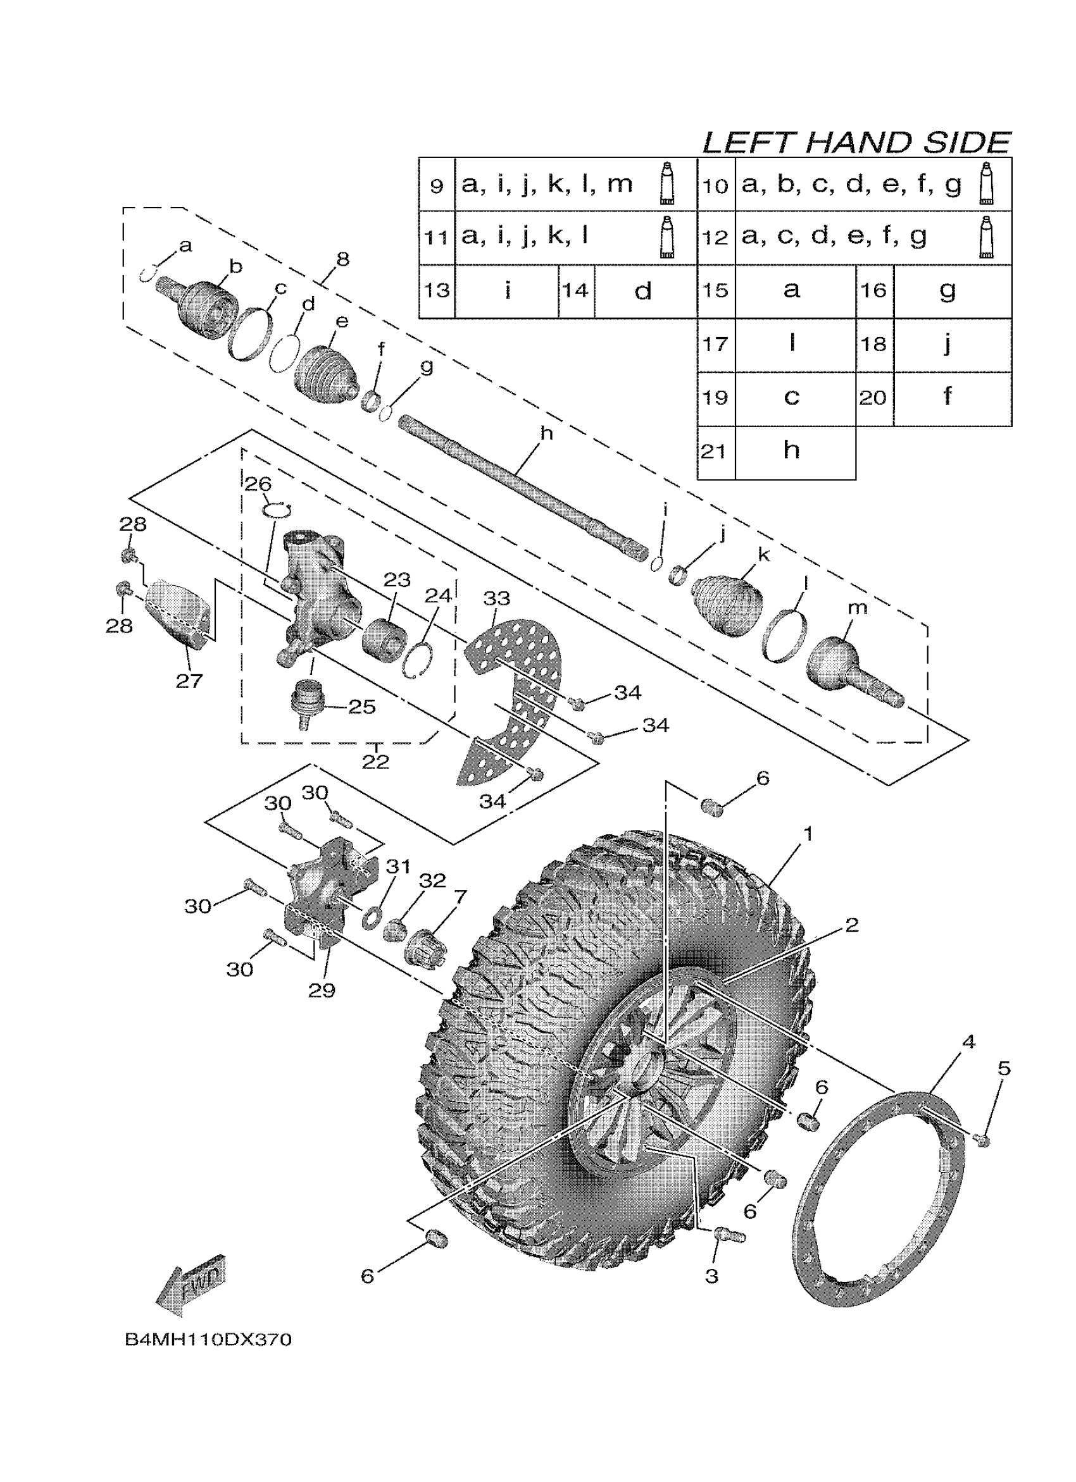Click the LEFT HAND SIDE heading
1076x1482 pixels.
pos(856,142)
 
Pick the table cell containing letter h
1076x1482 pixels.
pos(792,451)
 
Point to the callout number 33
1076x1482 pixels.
pos(497,598)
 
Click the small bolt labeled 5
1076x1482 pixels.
pos(982,1141)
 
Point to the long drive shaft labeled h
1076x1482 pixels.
pos(523,483)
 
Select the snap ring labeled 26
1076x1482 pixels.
pos(277,510)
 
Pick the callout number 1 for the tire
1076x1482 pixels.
pos(808,834)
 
